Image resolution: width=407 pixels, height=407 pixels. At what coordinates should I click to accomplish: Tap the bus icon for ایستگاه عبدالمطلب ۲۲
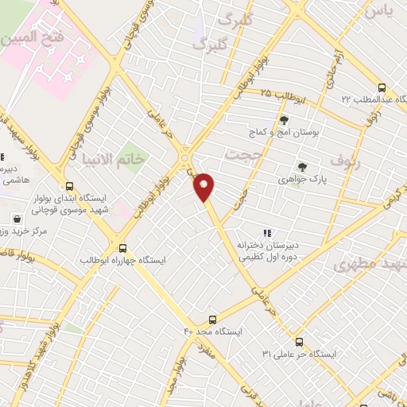(x=382, y=88)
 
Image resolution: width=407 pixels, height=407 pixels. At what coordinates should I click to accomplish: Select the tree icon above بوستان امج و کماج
(x=284, y=120)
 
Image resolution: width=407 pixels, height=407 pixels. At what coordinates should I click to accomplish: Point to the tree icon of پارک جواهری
(x=301, y=166)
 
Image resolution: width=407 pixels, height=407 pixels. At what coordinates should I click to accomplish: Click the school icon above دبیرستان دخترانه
(x=267, y=233)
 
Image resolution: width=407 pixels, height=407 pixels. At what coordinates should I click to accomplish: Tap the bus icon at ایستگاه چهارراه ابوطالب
(x=121, y=247)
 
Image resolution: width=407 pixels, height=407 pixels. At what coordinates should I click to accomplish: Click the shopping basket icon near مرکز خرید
(x=17, y=218)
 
